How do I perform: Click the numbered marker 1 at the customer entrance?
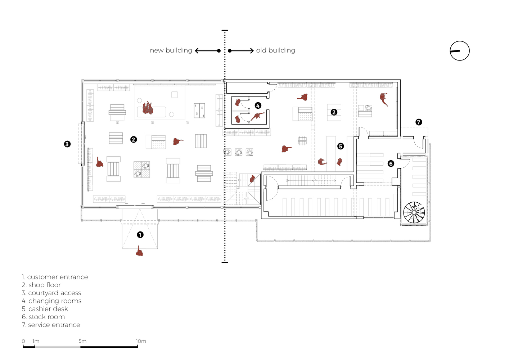point(140,235)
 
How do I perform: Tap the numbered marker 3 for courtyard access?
point(67,144)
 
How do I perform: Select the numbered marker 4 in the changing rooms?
point(258,105)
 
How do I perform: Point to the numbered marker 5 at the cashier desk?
point(341,146)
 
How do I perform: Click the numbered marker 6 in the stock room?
point(391,163)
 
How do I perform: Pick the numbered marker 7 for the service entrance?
point(419,122)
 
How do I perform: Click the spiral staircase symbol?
point(414,212)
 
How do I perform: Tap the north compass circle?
point(460,51)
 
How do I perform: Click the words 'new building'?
point(171,50)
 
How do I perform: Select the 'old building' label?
point(276,50)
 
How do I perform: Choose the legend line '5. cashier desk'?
point(45,309)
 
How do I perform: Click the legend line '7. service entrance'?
point(51,325)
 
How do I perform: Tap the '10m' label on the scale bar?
point(141,341)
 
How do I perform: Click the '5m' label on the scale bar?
point(82,341)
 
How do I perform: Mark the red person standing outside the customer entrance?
point(140,251)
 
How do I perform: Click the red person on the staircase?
point(252,179)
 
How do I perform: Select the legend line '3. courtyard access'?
point(51,293)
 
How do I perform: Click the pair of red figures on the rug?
point(148,108)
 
